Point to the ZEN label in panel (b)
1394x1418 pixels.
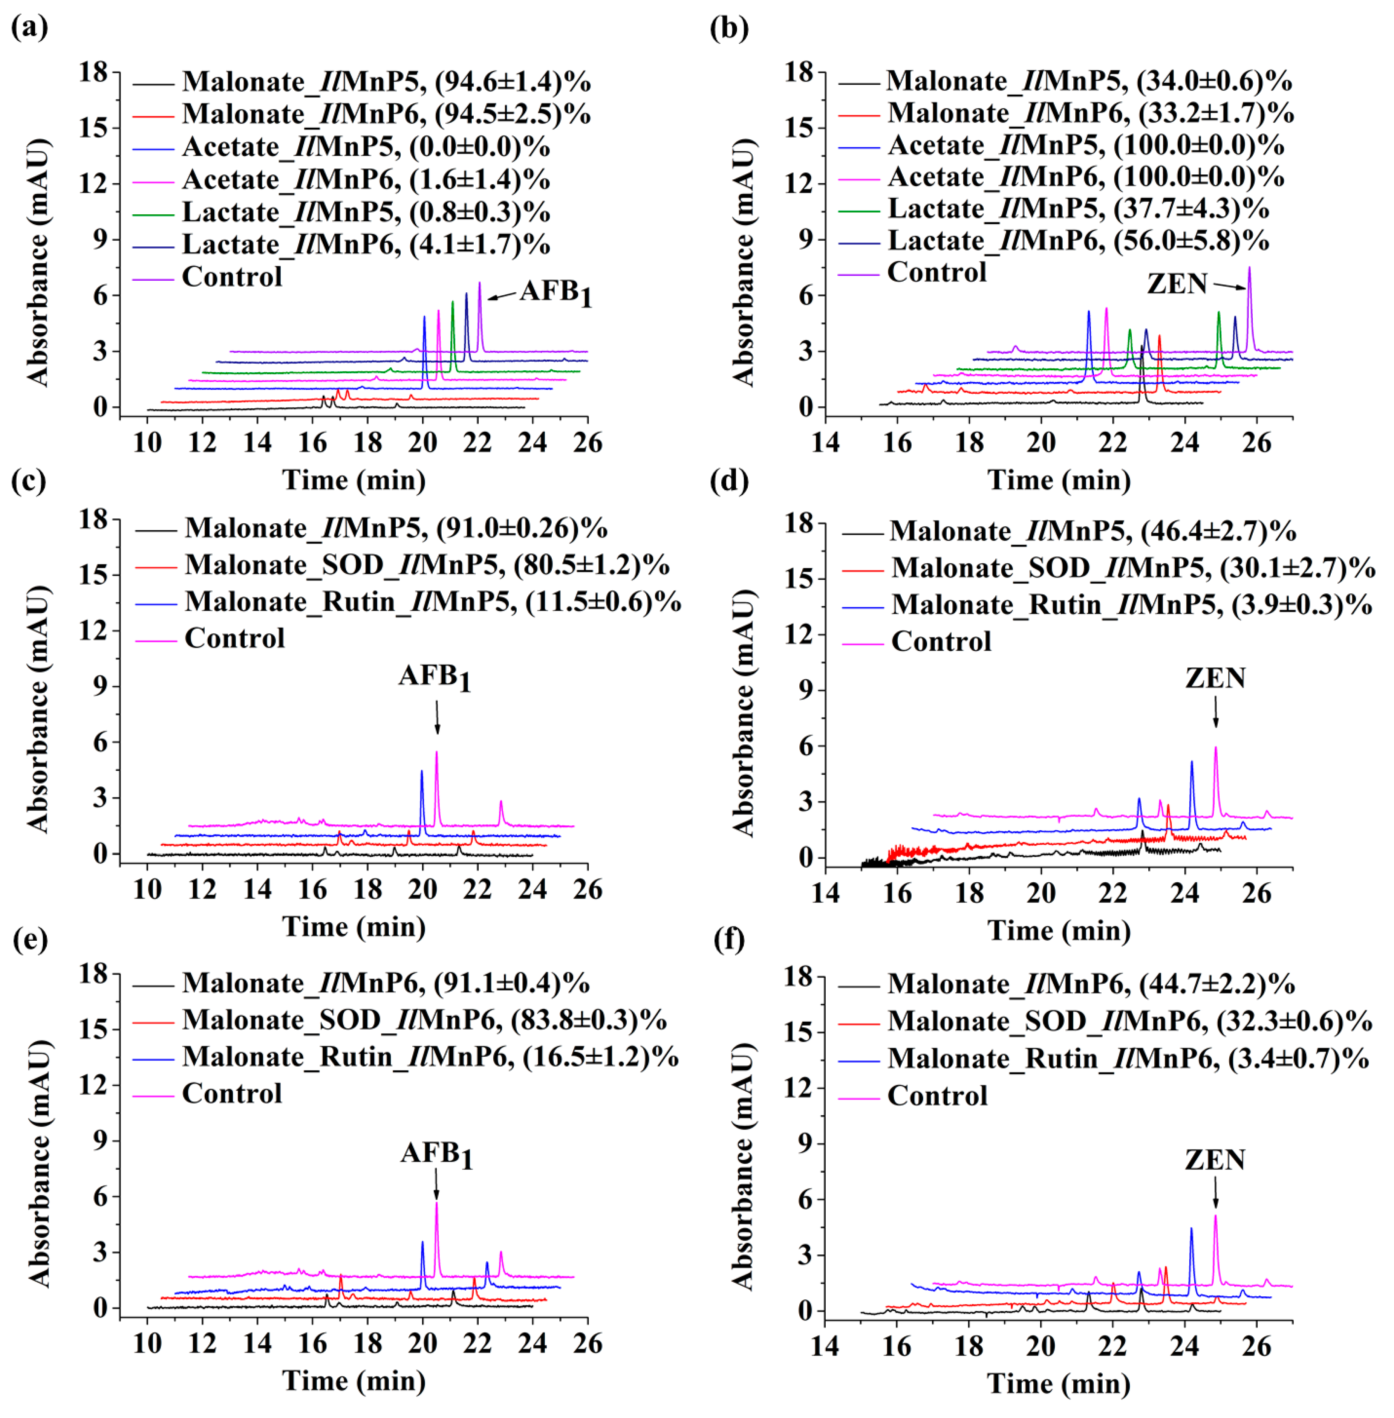click(1177, 283)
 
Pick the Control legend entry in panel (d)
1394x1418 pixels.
click(941, 641)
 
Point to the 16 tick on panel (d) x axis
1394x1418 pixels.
click(898, 892)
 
